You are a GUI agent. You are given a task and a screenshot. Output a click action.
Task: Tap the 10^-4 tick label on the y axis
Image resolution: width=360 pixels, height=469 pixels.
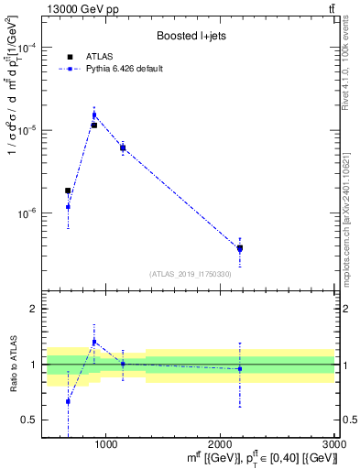pos(29,48)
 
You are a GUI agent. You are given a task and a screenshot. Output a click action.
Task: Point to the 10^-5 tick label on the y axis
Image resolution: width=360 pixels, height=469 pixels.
pos(29,130)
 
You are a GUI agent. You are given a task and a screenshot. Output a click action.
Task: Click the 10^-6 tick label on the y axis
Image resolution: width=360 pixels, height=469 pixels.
pos(29,213)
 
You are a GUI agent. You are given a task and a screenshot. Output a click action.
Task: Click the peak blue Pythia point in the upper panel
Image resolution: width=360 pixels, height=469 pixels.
pos(93,115)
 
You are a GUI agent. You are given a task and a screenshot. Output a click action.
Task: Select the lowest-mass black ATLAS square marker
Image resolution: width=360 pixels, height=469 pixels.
pos(68,191)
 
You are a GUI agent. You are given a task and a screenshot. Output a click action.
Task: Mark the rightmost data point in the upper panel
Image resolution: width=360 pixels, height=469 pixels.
pos(240,248)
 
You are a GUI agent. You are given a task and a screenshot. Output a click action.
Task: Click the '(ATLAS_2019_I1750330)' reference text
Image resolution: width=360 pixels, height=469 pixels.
pos(190,274)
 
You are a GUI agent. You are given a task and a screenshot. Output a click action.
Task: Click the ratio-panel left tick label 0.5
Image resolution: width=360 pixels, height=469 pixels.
pos(30,420)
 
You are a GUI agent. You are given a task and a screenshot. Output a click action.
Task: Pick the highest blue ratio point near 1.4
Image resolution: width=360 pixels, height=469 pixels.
pos(93,342)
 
